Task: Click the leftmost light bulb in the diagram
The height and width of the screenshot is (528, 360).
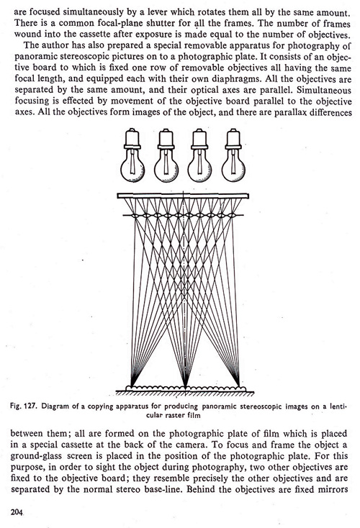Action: point(132,155)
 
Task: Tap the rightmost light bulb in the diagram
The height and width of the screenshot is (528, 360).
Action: point(233,155)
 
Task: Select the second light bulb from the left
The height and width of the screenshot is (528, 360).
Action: point(166,155)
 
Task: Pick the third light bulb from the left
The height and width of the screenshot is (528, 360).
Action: point(199,155)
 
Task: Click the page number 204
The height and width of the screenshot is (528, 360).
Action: point(17,512)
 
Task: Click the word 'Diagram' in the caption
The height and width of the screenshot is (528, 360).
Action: point(53,406)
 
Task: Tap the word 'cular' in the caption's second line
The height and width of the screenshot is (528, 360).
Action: point(153,415)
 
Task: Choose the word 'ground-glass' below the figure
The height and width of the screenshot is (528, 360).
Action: point(36,456)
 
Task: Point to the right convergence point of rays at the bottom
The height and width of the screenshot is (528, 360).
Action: point(239,386)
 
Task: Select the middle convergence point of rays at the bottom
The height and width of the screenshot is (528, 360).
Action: point(185,387)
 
